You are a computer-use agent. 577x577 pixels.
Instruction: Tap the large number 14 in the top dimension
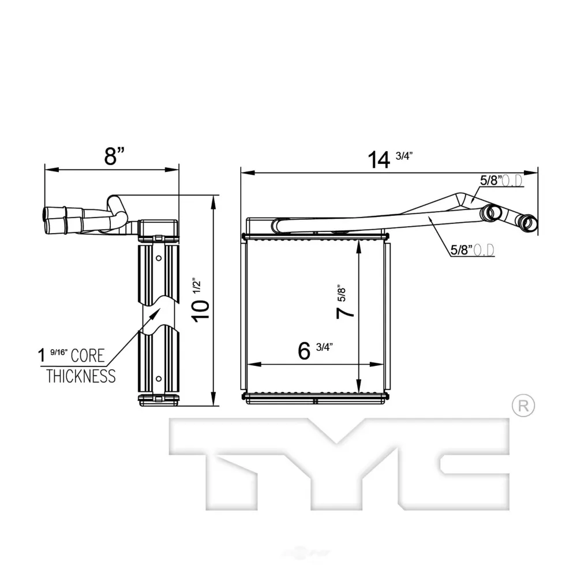(x=379, y=160)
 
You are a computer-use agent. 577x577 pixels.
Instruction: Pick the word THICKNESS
(x=81, y=376)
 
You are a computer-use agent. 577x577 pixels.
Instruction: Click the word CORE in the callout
(x=88, y=355)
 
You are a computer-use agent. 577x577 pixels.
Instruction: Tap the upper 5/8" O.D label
(x=501, y=181)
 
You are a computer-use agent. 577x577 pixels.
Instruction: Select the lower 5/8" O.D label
(x=473, y=250)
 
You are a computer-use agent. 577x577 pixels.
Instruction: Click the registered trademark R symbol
(x=523, y=406)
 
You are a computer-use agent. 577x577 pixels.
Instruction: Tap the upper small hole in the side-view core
(x=159, y=258)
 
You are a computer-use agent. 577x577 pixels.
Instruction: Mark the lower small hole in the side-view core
(x=159, y=379)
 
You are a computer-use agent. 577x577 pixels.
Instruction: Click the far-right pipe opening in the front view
(x=528, y=223)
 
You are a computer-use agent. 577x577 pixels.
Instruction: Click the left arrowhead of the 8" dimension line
(x=51, y=170)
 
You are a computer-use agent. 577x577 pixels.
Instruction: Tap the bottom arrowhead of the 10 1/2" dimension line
(x=213, y=399)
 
